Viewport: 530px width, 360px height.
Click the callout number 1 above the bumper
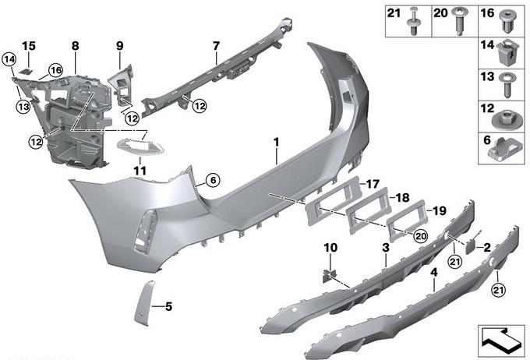275,142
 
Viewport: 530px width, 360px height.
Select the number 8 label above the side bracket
75,47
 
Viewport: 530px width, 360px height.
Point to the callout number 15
29,47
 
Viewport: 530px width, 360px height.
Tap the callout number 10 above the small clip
331,248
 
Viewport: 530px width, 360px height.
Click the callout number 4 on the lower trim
433,274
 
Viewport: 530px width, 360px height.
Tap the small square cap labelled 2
470,244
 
